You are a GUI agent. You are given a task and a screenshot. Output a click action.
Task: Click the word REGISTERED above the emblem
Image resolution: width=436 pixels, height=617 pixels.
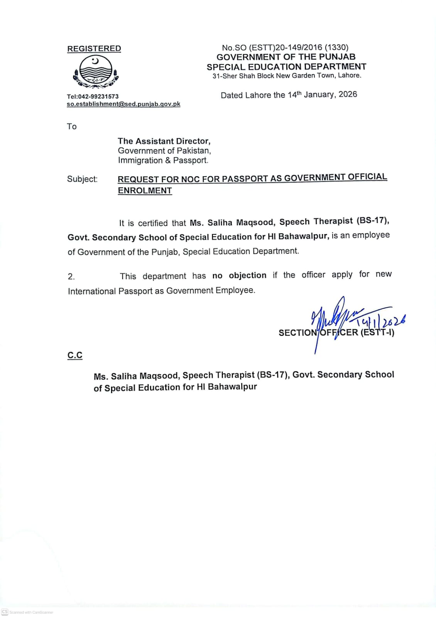(94, 49)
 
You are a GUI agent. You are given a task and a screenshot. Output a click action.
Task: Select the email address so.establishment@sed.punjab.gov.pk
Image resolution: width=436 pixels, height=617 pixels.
(123, 104)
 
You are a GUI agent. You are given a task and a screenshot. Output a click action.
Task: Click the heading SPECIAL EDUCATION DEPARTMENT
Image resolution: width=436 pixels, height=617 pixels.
(286, 67)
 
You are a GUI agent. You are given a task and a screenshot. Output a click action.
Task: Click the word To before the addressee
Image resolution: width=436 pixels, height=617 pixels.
(72, 126)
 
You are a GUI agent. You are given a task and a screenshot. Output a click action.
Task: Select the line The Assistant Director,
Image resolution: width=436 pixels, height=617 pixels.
(164, 141)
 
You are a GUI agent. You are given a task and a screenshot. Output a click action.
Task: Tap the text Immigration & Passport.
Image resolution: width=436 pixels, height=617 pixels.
(163, 160)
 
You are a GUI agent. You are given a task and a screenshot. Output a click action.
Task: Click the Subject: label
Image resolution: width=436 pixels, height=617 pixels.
(82, 179)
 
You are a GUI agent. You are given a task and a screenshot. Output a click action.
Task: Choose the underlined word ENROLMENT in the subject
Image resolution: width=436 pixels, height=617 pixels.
(145, 190)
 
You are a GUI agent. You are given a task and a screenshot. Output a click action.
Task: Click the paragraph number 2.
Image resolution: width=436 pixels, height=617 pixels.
(71, 276)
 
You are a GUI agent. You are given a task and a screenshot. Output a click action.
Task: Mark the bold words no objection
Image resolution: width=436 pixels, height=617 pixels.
(239, 275)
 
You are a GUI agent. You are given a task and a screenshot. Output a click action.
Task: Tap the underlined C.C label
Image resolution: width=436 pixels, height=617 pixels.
(75, 355)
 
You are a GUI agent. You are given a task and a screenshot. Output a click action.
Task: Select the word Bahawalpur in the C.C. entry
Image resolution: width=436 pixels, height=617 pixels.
(232, 387)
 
